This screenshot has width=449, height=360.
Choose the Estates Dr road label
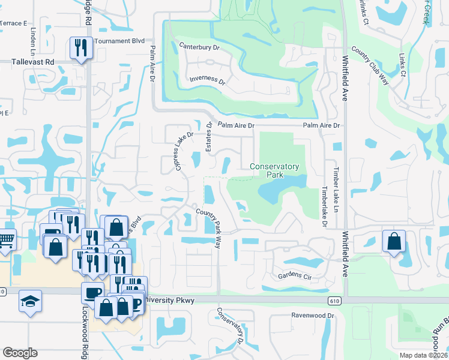(209, 137)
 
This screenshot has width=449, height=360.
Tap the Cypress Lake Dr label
(184, 151)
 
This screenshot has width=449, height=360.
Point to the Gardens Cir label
(297, 276)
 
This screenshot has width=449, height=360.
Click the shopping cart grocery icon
(6, 240)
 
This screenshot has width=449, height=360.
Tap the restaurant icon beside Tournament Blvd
(80, 47)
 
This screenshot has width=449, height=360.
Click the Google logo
(20, 353)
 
